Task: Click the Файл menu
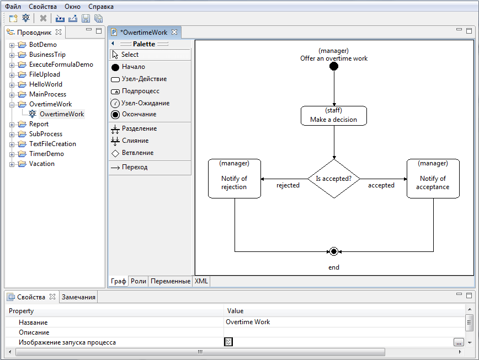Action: (x=13, y=7)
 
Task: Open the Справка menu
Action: (x=101, y=7)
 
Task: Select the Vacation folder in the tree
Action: (x=41, y=164)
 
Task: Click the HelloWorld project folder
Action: (x=45, y=84)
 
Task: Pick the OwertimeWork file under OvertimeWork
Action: (x=61, y=114)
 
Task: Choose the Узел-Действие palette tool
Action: (x=144, y=79)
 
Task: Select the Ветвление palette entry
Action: (x=137, y=153)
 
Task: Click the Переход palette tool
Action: (x=134, y=167)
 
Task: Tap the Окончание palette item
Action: (x=139, y=114)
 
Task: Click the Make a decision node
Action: (x=333, y=115)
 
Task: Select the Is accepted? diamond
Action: (x=333, y=179)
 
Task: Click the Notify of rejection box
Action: (x=235, y=178)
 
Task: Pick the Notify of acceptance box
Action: (x=433, y=178)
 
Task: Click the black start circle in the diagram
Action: (x=333, y=67)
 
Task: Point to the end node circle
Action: (x=333, y=251)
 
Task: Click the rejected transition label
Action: (x=288, y=185)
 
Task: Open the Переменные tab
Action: (x=171, y=281)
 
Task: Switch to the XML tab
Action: (x=201, y=281)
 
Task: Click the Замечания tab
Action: (x=78, y=297)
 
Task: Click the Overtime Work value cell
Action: (x=248, y=322)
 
